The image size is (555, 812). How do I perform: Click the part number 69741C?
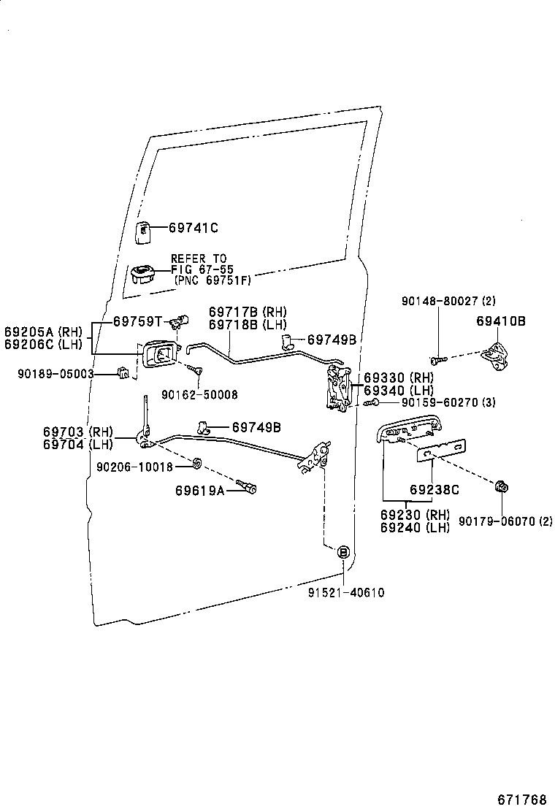pyautogui.click(x=194, y=228)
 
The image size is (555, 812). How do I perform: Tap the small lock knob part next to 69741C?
pyautogui.click(x=144, y=230)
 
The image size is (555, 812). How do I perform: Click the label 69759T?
pyautogui.click(x=137, y=321)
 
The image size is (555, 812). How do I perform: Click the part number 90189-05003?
pyautogui.click(x=56, y=374)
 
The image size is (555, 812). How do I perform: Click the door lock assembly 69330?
pyautogui.click(x=337, y=388)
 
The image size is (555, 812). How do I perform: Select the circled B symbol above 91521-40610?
pyautogui.click(x=342, y=552)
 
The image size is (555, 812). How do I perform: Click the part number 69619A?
pyautogui.click(x=199, y=490)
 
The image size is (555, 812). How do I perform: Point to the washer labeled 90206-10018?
pyautogui.click(x=197, y=464)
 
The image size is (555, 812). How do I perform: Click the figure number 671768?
pyautogui.click(x=522, y=797)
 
